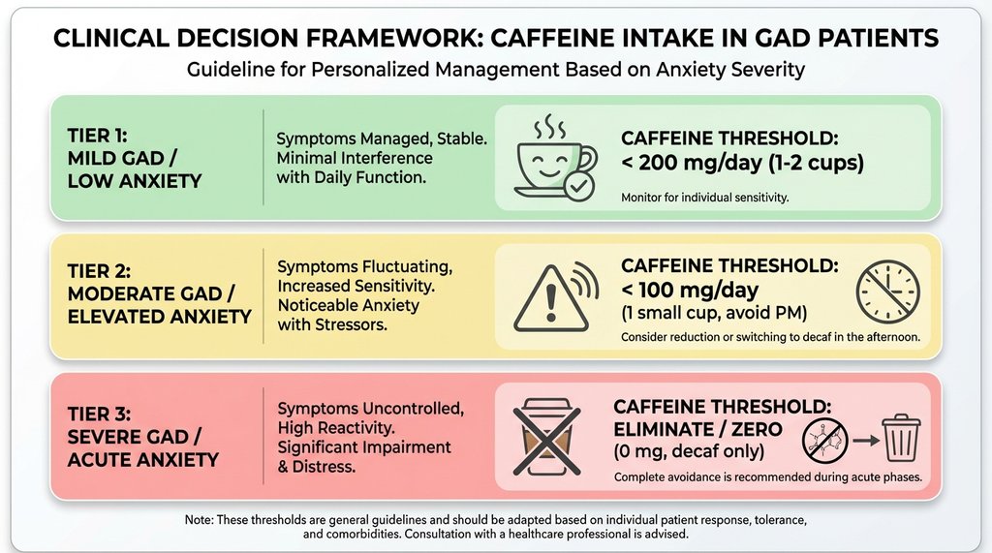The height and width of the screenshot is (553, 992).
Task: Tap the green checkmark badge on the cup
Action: pyautogui.click(x=579, y=185)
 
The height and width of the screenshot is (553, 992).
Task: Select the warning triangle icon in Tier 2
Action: pyautogui.click(x=550, y=290)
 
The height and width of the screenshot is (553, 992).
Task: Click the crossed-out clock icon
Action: pyautogui.click(x=886, y=290)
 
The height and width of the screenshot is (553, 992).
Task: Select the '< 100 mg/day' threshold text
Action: pyautogui.click(x=690, y=291)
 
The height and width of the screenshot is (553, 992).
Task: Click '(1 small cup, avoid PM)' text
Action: pyautogui.click(x=714, y=314)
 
